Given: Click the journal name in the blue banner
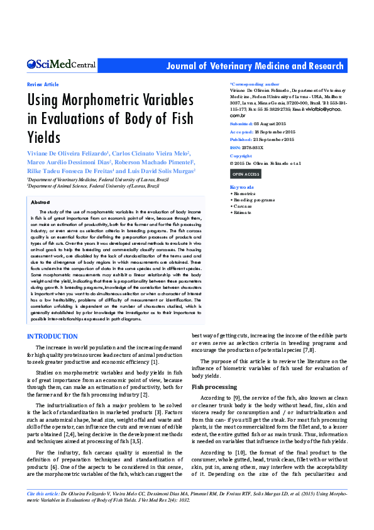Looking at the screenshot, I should coord(255,66).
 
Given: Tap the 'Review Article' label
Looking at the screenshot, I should coord(43,84).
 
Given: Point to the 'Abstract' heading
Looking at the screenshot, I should coord(40,202).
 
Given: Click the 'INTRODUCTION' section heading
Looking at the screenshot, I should coord(52,337).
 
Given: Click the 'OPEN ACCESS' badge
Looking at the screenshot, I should coord(245,174).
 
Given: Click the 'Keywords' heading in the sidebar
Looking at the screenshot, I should coord(242,188).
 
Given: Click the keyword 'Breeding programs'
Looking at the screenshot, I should coord(254,200).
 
